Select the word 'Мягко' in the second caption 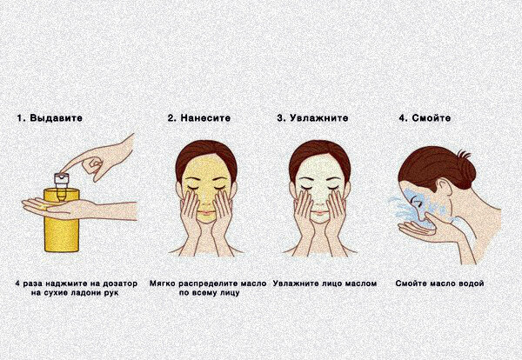tap(164, 283)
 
